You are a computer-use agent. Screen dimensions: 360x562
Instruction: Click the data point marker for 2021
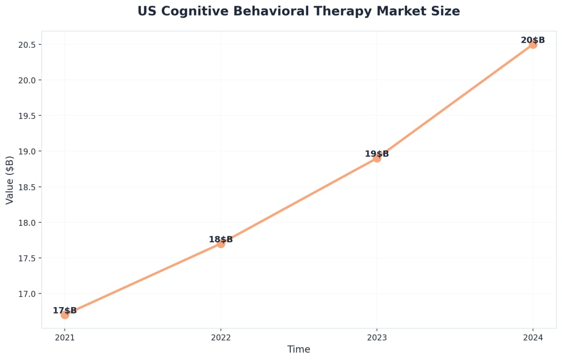pos(65,315)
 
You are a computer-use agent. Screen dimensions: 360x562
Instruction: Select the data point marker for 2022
pos(221,243)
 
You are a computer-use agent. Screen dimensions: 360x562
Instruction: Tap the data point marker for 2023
pos(377,158)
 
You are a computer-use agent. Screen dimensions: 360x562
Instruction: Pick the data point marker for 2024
pos(532,44)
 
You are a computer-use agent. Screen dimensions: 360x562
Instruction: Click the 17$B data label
pos(65,310)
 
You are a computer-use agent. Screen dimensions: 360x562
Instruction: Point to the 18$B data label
pos(221,240)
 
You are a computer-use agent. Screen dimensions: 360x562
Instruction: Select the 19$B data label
pos(377,154)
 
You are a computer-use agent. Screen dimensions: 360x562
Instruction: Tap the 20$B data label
pos(532,40)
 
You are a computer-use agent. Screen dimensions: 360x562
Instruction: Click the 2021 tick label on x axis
pos(65,337)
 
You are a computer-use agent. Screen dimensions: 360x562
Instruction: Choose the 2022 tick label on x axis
pos(221,337)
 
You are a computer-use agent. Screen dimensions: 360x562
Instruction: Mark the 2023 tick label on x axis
pos(377,337)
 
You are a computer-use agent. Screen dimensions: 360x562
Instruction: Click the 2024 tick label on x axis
pos(532,337)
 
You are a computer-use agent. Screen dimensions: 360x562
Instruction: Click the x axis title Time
pos(298,349)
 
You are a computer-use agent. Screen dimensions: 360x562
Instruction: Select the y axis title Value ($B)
pos(9,180)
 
